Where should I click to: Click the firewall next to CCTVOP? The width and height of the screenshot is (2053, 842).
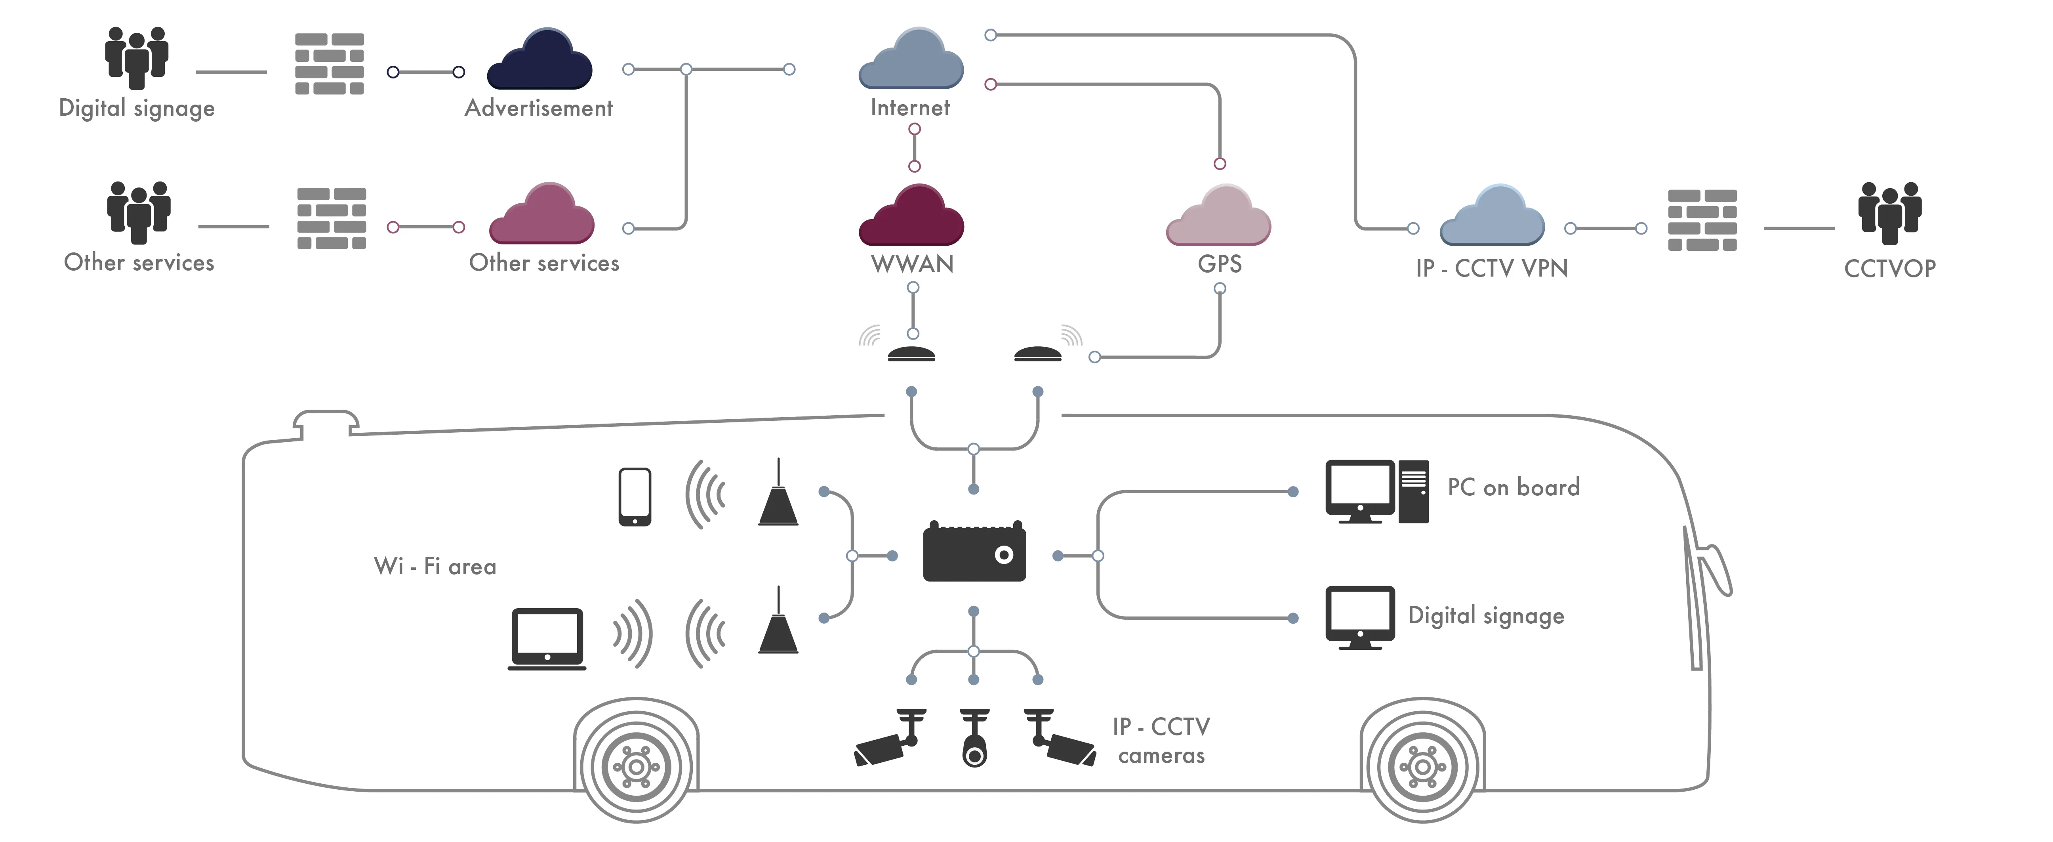[x=1702, y=220]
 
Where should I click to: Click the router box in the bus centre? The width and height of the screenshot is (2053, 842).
[x=974, y=552]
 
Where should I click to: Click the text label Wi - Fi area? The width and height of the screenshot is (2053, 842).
[x=435, y=566]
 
